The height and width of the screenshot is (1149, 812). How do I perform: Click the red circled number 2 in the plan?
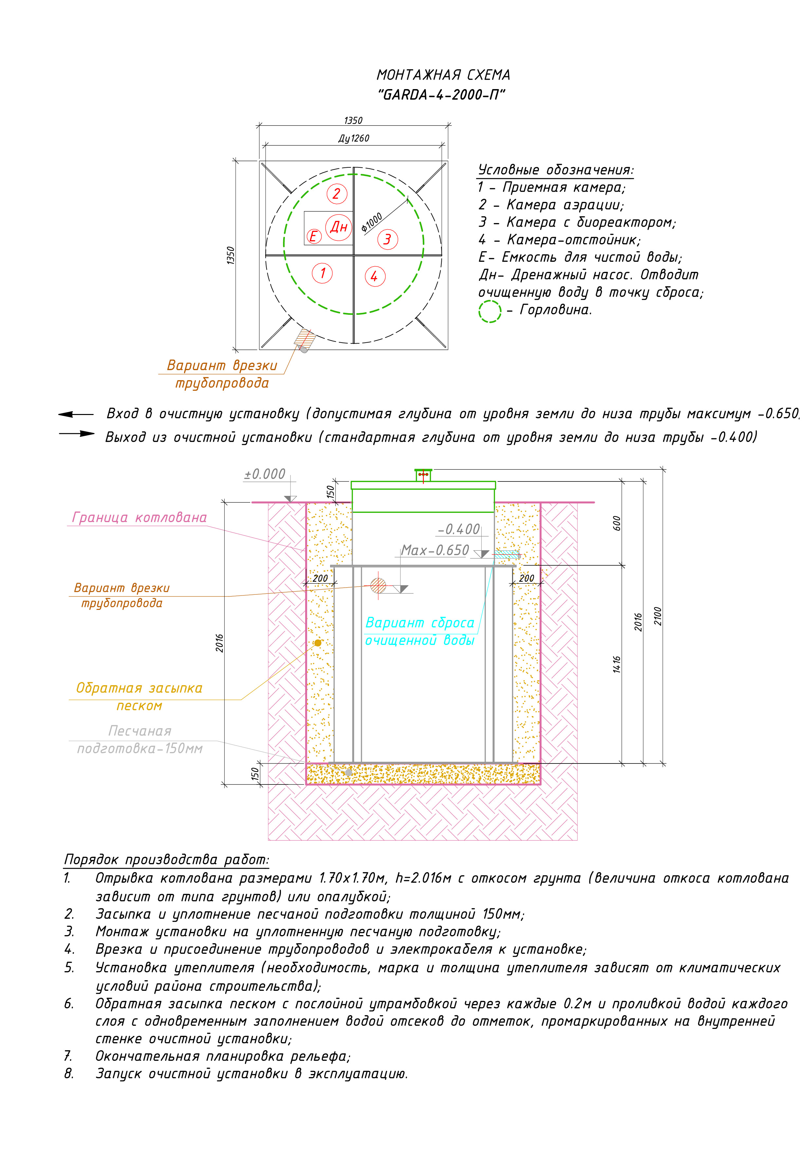point(336,194)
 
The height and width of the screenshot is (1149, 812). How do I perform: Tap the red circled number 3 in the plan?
point(387,239)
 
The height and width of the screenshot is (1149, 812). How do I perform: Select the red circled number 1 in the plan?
point(322,273)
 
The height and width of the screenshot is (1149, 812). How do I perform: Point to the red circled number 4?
point(375,276)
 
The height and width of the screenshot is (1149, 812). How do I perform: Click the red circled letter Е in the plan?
point(314,236)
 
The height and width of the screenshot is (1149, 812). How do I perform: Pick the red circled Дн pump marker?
point(339,227)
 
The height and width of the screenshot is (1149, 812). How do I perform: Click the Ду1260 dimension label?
point(354,139)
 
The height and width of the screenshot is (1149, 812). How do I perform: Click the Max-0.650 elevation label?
point(435,551)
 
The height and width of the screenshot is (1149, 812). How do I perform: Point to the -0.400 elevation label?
point(458,529)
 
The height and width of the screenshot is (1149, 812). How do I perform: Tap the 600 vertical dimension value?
point(617,523)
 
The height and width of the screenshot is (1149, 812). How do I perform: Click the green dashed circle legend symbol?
point(490,311)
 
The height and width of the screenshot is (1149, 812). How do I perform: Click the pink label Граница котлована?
point(139,518)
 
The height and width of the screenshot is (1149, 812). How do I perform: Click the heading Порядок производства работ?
point(167,860)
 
